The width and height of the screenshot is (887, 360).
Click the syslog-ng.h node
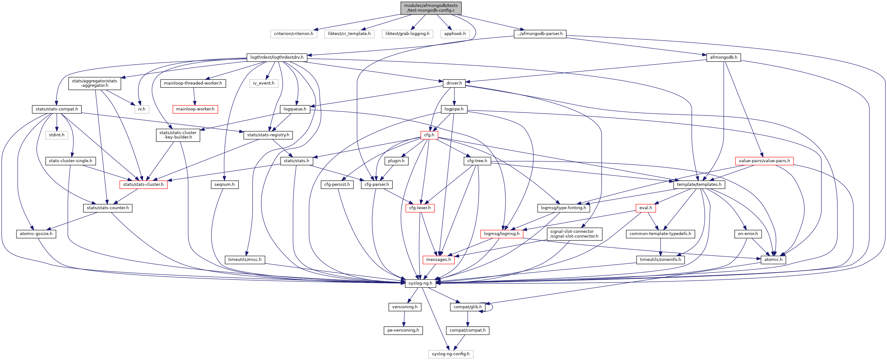pyautogui.click(x=420, y=283)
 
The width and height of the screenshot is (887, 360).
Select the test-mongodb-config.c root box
pyautogui.click(x=431, y=8)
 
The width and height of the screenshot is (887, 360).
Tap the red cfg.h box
pyautogui.click(x=429, y=135)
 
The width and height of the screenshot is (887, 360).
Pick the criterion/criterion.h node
pyautogui.click(x=293, y=34)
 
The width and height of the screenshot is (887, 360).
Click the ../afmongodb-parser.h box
pyautogui.click(x=540, y=34)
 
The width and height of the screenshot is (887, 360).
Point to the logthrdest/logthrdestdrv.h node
pyautogui.click(x=277, y=57)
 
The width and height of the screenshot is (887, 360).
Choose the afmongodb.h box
pyautogui.click(x=723, y=57)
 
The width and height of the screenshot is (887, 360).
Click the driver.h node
pyautogui.click(x=454, y=83)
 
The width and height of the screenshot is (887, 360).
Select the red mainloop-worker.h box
pyautogui.click(x=195, y=109)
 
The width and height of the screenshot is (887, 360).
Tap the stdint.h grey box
pyautogui.click(x=57, y=135)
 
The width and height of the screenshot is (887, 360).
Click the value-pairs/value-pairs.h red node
pyautogui.click(x=764, y=161)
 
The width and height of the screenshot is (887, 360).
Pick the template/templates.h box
pyautogui.click(x=699, y=185)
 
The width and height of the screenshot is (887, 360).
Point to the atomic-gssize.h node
pyautogui.click(x=36, y=234)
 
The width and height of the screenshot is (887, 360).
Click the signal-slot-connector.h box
pyautogui.click(x=574, y=234)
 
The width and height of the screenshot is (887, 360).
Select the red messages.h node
pyautogui.click(x=438, y=259)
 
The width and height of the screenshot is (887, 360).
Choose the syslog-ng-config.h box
pyautogui.click(x=450, y=354)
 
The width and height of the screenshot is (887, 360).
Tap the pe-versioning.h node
pyautogui.click(x=403, y=330)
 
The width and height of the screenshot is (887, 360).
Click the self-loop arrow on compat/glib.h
pyautogui.click(x=492, y=307)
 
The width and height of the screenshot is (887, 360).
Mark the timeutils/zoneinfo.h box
pyautogui.click(x=660, y=259)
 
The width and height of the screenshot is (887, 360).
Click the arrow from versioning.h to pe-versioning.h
pyautogui.click(x=404, y=319)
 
